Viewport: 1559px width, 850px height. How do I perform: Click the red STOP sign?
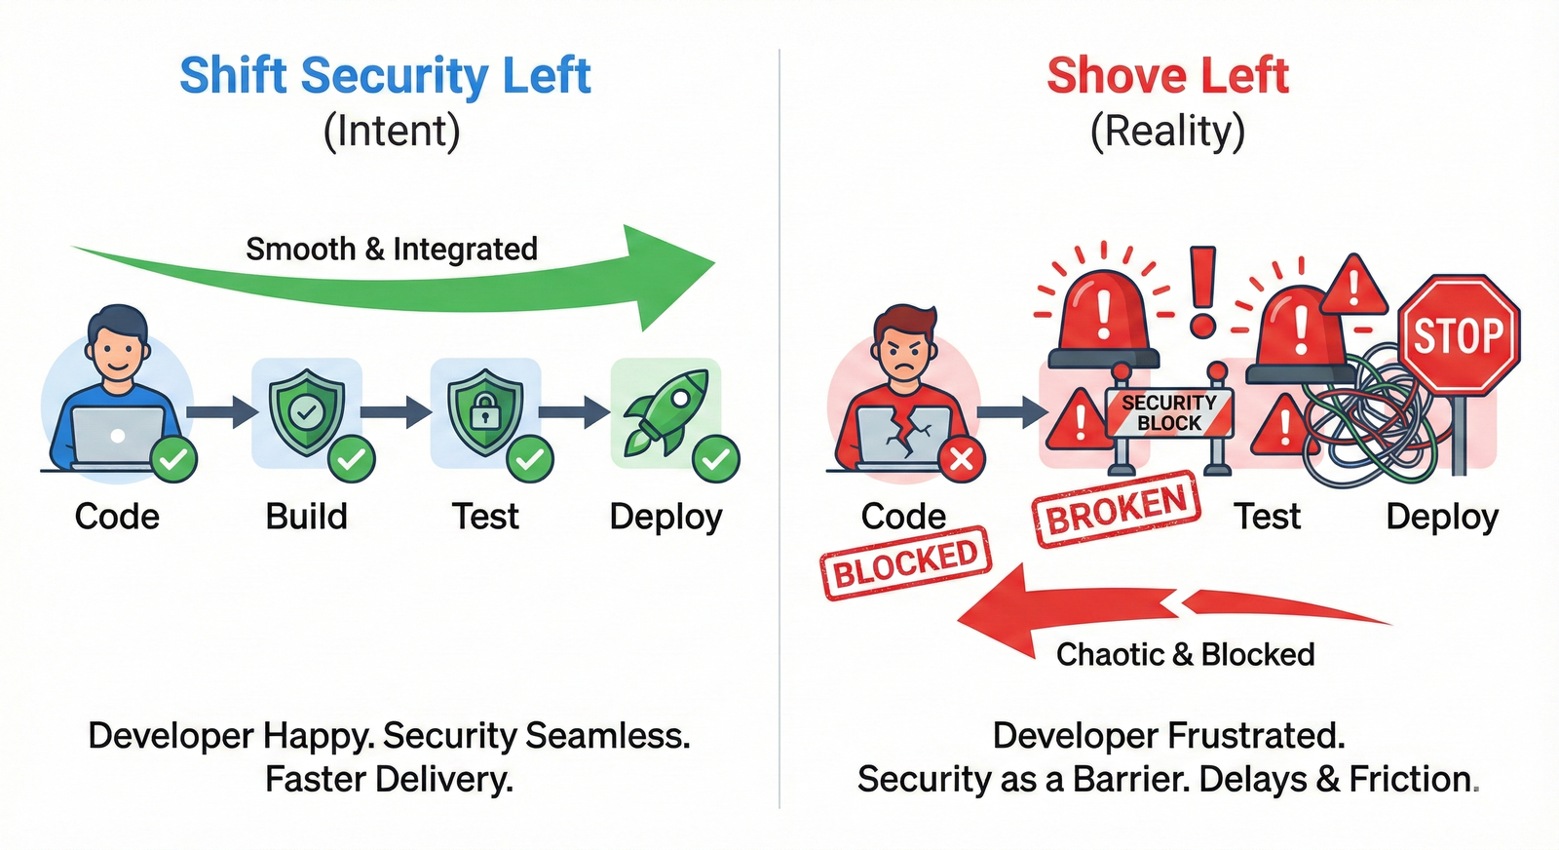coord(1458,335)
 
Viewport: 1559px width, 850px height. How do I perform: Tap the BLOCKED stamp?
coord(906,563)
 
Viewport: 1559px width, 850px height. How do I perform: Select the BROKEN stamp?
coord(1117,510)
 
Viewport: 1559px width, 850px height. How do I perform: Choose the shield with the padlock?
coord(484,411)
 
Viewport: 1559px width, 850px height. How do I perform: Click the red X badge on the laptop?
coord(961,458)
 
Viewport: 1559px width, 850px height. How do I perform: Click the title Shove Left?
coord(1167,76)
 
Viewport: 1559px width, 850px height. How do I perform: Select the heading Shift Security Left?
coord(386,76)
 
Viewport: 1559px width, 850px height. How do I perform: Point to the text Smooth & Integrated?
coord(392,250)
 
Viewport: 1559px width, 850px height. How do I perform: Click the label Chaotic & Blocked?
coord(1185,654)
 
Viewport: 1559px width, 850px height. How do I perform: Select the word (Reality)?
coord(1167,132)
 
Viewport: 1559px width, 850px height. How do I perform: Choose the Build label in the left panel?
coord(306,517)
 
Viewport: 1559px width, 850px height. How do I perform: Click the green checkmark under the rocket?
coord(716,458)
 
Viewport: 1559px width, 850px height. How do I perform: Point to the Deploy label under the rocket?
coord(665,517)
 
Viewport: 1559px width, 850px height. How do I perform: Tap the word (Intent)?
coord(392,132)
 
